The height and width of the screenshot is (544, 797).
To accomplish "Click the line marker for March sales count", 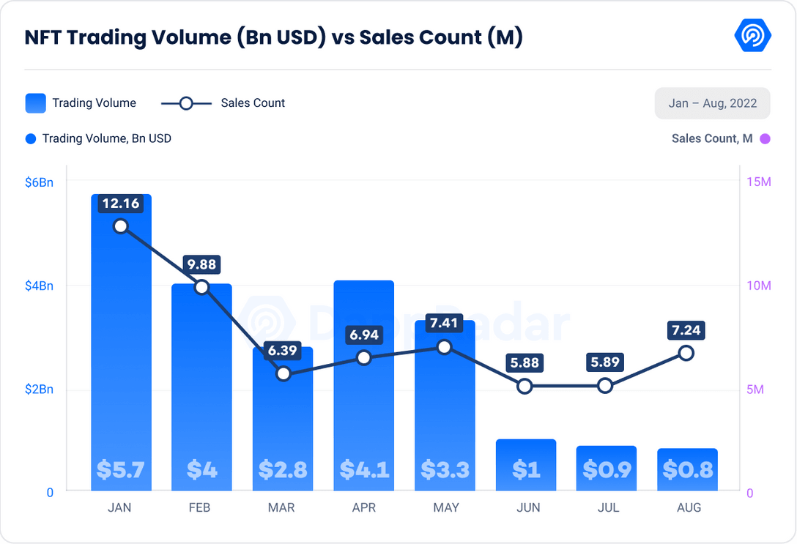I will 283,373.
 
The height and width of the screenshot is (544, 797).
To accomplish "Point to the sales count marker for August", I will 686,353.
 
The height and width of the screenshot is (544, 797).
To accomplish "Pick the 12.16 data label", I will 121,203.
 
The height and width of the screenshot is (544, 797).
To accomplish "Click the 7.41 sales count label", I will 445,324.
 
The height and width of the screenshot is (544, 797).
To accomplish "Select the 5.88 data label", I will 525,363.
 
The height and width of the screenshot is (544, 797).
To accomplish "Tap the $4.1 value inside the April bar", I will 364,469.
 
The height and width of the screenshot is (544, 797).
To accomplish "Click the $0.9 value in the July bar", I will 607,469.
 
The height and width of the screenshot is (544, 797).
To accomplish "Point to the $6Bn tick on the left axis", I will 40,182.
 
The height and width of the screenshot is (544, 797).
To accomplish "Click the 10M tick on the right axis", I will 759,286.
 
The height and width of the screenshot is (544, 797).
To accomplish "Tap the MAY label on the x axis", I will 445,507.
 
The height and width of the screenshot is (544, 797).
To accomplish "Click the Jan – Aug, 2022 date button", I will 712,103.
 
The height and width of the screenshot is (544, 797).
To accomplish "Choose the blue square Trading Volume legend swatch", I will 35,103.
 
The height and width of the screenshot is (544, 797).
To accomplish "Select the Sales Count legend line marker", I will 186,103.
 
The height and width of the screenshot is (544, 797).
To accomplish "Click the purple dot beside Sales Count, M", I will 765,138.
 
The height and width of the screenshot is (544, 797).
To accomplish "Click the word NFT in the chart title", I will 43,37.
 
